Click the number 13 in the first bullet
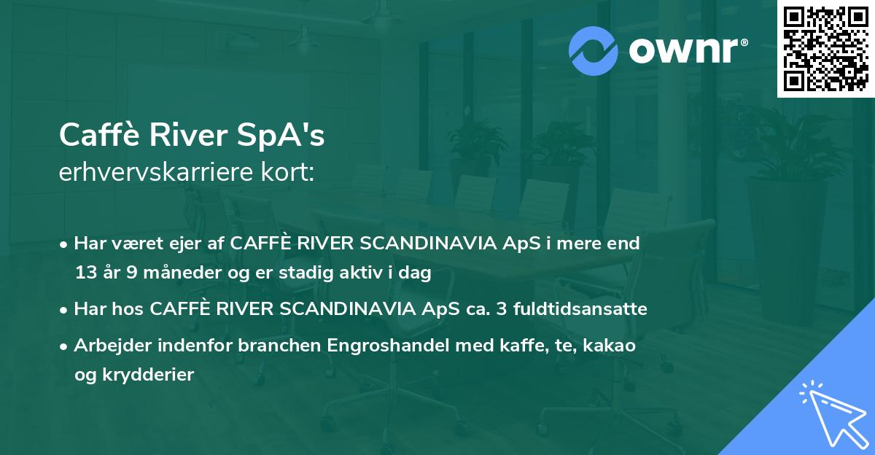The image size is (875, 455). pyautogui.click(x=85, y=273)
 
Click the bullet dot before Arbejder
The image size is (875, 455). pyautogui.click(x=65, y=346)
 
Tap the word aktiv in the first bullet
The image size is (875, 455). pyautogui.click(x=373, y=273)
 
